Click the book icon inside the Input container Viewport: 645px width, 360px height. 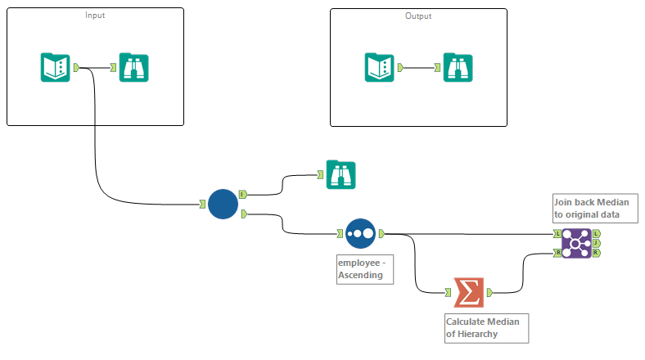tap(55, 67)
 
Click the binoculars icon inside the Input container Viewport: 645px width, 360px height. tap(133, 67)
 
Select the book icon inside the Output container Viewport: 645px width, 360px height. tap(378, 67)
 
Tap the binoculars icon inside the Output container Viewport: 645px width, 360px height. tap(457, 67)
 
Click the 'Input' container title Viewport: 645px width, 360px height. tap(95, 16)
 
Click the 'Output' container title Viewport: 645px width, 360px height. tap(418, 16)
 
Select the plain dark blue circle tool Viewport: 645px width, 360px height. tap(223, 204)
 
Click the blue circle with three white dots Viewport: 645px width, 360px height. tap(360, 233)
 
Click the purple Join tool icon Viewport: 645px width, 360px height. tap(576, 243)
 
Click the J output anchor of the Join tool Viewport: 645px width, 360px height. tap(596, 243)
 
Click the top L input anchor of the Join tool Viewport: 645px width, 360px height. tap(557, 233)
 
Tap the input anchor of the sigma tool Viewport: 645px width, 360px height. tap(448, 292)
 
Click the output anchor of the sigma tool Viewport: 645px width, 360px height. tap(489, 292)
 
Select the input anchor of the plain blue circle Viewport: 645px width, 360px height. tap(201, 204)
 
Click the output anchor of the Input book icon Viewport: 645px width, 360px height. tap(76, 67)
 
